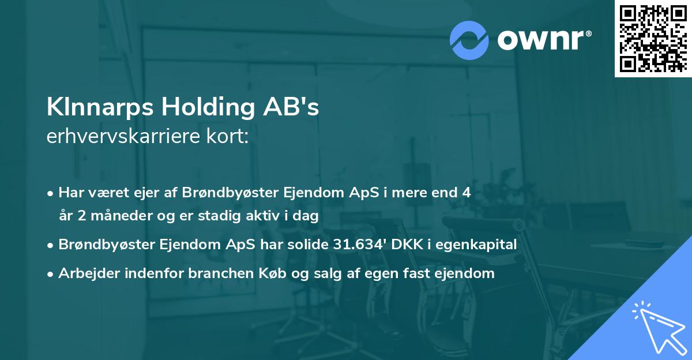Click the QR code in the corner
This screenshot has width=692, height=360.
[x=653, y=38]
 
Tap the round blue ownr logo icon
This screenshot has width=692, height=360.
[x=469, y=40]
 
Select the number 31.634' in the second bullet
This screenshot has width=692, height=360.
[x=355, y=244]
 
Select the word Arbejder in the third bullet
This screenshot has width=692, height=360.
[x=84, y=273]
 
